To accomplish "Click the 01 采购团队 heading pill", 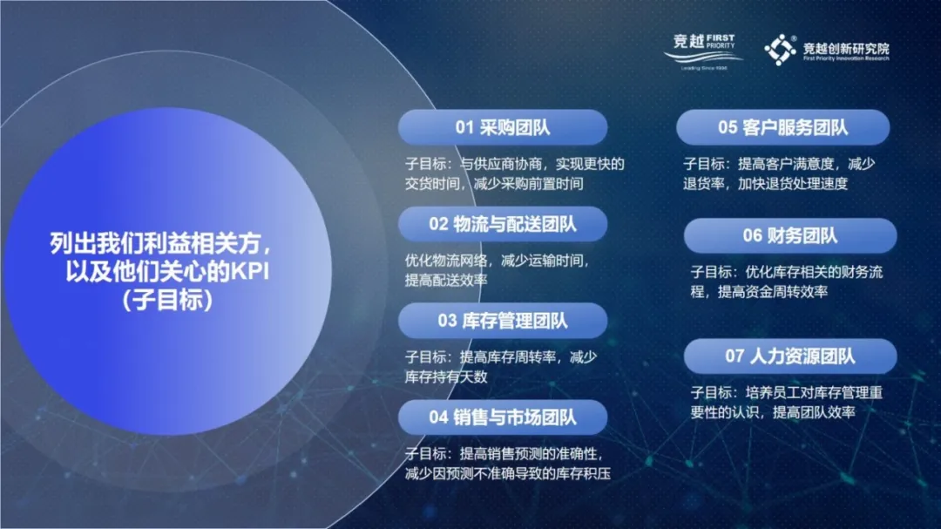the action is [503, 127].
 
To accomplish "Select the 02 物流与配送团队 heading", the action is [503, 224].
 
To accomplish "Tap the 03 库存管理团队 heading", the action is [503, 321].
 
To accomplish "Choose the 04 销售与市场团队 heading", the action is [503, 417].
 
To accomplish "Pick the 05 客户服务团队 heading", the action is [782, 127].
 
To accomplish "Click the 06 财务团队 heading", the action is [789, 235].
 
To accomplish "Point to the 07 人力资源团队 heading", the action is [789, 356].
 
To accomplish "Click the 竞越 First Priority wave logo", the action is [703, 51].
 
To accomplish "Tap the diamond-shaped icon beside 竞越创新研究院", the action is [780, 49].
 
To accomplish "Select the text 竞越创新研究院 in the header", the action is [846, 48].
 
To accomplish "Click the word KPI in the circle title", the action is [250, 271].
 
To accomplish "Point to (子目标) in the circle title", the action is [167, 300].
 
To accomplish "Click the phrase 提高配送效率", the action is [446, 280].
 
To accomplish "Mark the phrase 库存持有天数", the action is [446, 376].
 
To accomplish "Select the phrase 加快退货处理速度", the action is [792, 184].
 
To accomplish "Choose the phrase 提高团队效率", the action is [814, 412].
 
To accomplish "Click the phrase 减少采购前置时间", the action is [528, 184].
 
